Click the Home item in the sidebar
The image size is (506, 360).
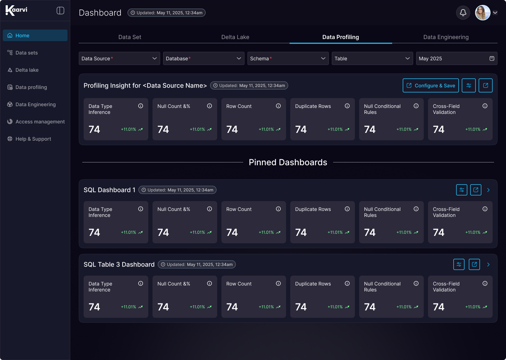click(35, 36)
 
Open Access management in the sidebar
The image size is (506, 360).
click(36, 122)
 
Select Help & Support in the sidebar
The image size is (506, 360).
click(29, 139)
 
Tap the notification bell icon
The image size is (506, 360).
click(463, 13)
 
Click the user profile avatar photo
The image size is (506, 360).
click(482, 13)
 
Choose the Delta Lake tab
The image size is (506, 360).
click(235, 37)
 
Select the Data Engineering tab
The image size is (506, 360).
click(446, 37)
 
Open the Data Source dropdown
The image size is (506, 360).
click(119, 58)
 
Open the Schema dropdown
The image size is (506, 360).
click(288, 58)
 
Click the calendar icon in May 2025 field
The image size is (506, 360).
click(492, 58)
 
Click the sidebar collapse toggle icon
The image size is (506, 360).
click(60, 11)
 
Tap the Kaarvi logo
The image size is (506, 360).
click(16, 11)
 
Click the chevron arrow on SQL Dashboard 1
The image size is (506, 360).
click(488, 190)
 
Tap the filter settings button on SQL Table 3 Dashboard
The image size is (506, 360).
click(459, 264)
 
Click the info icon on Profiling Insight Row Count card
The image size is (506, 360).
click(278, 106)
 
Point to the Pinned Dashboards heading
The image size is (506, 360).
click(288, 162)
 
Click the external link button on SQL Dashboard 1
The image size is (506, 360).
click(475, 190)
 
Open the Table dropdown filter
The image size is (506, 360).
click(372, 58)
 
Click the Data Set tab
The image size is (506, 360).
click(130, 37)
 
